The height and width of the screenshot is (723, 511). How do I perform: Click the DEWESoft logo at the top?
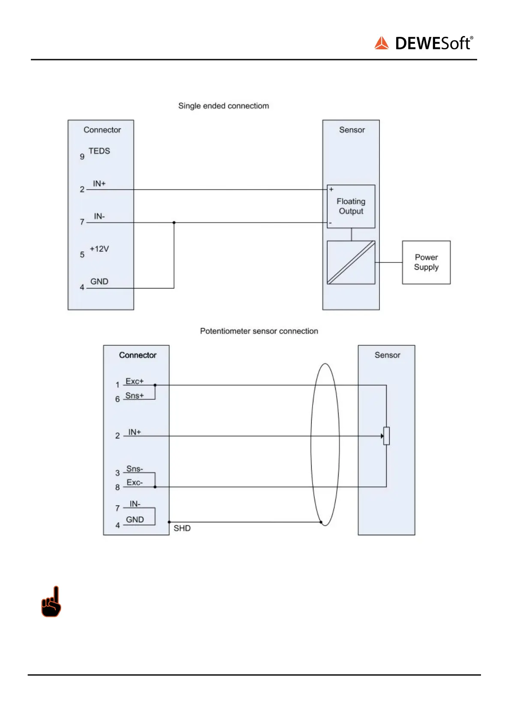tap(424, 43)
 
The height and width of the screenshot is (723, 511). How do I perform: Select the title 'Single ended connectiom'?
tap(223, 106)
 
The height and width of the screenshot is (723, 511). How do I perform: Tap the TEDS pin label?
tap(99, 151)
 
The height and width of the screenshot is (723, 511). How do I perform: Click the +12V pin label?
tap(99, 249)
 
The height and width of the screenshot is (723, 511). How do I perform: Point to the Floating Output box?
tap(351, 206)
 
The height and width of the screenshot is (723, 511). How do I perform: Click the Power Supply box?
tap(426, 262)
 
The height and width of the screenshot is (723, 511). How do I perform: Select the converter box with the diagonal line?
tap(351, 262)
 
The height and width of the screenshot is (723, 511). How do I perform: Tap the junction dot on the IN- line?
tap(174, 223)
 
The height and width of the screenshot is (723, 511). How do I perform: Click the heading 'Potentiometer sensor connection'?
tap(259, 331)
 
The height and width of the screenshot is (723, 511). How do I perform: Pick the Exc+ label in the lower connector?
tap(134, 381)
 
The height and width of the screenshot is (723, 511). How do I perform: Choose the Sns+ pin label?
tap(134, 395)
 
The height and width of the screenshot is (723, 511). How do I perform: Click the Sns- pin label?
tap(135, 469)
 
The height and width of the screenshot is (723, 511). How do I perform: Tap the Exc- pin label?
tap(135, 482)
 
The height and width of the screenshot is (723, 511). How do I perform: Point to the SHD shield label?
tap(182, 528)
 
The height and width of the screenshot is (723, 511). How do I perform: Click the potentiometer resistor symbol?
tap(386, 436)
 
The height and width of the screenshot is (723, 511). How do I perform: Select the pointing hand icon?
tap(51, 602)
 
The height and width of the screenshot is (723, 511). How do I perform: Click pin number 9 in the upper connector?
tap(82, 157)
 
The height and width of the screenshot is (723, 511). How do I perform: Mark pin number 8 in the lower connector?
tap(117, 488)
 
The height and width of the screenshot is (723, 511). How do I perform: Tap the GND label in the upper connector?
tap(99, 282)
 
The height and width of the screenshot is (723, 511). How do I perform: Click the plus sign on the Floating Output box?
tap(331, 189)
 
